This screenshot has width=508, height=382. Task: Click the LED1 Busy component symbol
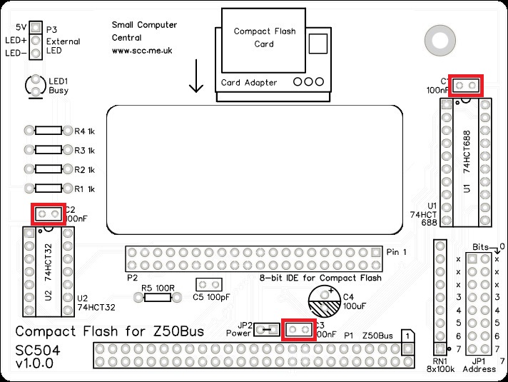[35, 86]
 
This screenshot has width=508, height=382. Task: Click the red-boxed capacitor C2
[48, 213]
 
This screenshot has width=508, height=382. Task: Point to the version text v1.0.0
[34, 364]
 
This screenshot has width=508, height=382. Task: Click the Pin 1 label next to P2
[397, 253]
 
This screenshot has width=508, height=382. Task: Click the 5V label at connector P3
[22, 26]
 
